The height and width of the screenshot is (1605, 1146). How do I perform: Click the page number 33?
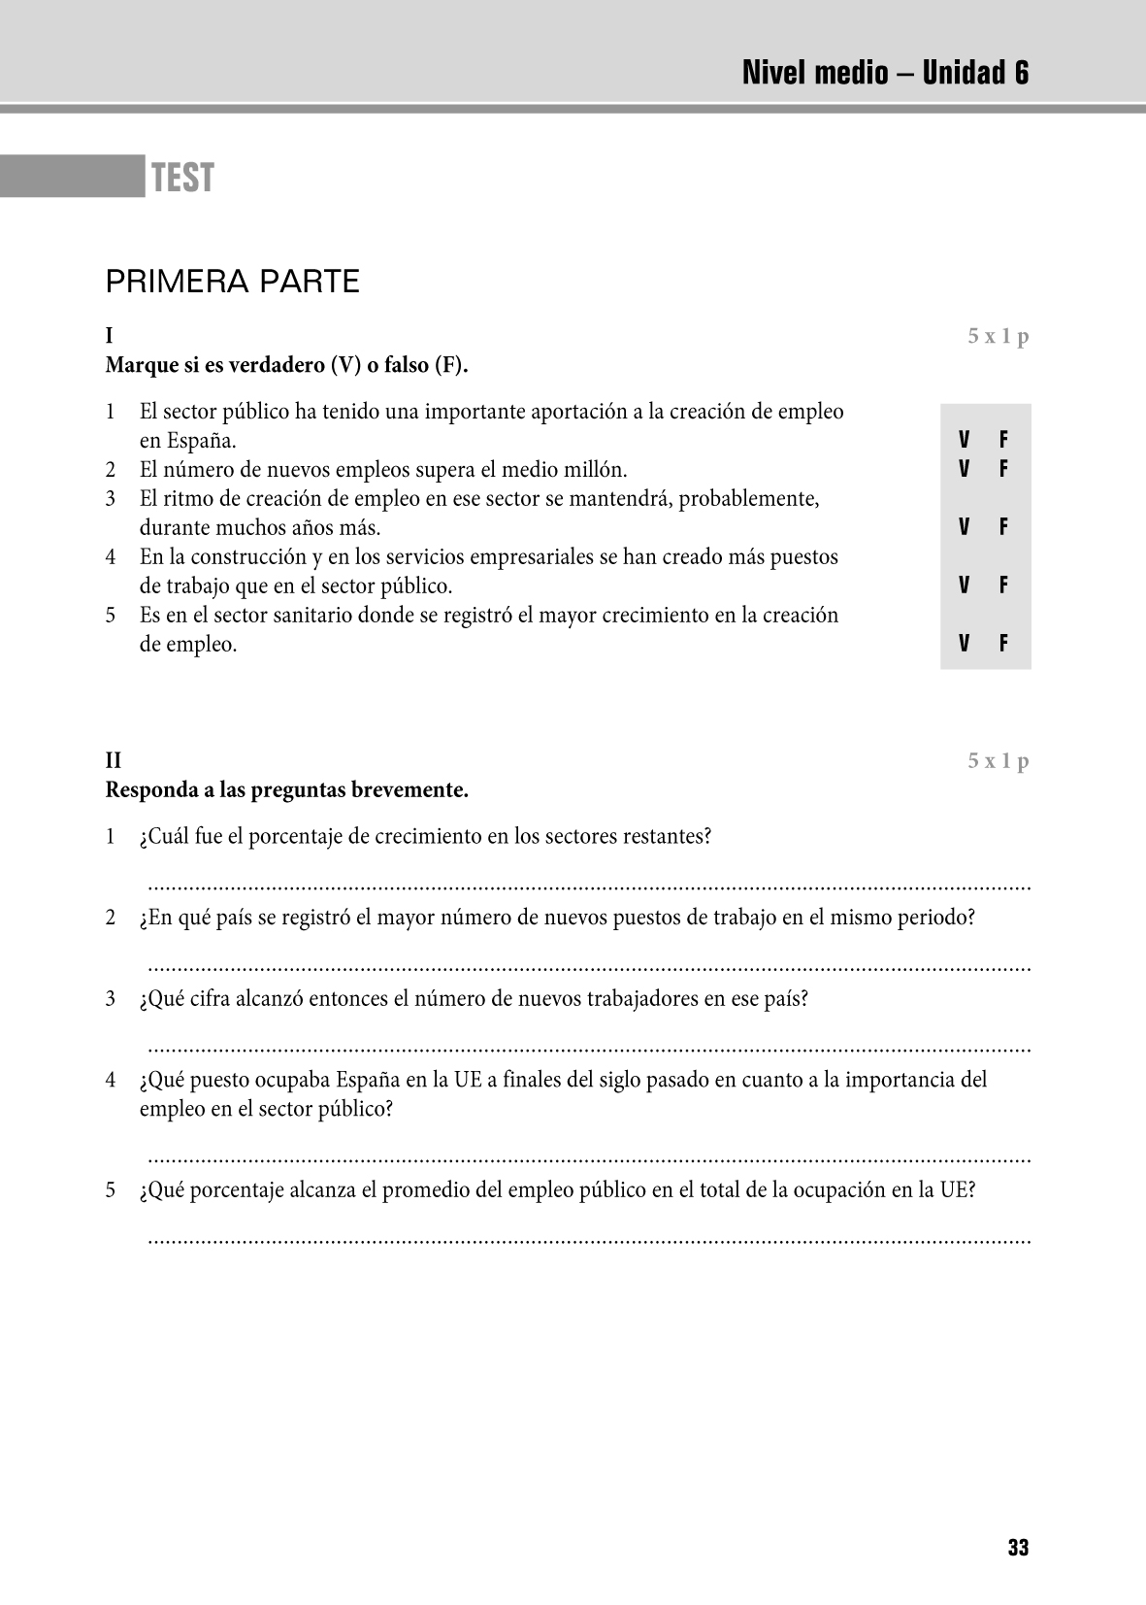click(x=1018, y=1548)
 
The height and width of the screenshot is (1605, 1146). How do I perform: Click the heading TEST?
click(x=182, y=179)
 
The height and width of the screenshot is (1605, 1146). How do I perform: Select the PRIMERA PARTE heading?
click(x=232, y=283)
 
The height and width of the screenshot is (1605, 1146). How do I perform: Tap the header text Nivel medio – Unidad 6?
click(x=885, y=73)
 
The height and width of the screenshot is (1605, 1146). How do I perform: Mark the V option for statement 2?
click(x=965, y=469)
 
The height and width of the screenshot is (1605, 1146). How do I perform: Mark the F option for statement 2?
click(x=1003, y=469)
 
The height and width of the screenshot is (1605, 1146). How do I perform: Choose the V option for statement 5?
click(x=965, y=644)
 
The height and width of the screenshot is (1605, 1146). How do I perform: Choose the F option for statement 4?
click(x=1003, y=585)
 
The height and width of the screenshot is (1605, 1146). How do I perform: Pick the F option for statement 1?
click(x=1003, y=440)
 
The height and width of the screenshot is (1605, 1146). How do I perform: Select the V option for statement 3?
click(x=965, y=527)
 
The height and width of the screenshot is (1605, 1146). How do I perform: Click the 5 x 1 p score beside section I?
click(x=998, y=337)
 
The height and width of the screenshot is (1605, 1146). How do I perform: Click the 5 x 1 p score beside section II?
click(x=998, y=760)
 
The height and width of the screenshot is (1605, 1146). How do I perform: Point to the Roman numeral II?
click(x=114, y=760)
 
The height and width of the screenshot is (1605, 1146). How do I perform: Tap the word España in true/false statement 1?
click(x=201, y=441)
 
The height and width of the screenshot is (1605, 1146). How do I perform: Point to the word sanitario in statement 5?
click(x=342, y=616)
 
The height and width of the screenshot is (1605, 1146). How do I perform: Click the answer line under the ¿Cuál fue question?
click(x=588, y=886)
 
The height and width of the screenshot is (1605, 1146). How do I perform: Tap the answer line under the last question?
click(x=588, y=1239)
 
